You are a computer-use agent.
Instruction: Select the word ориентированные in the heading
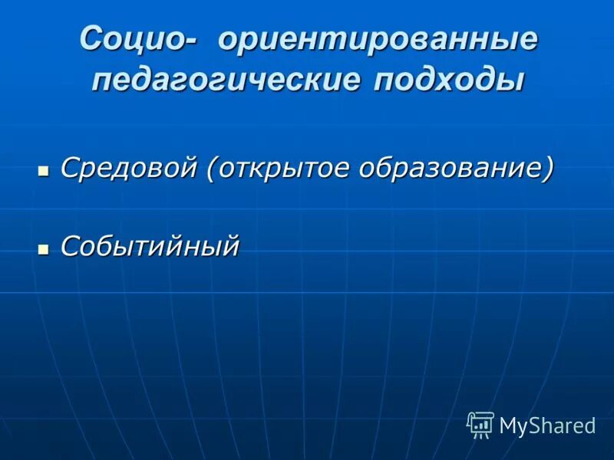point(378,40)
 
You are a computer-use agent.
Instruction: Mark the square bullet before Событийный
point(44,248)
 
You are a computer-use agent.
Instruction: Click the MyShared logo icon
point(480,424)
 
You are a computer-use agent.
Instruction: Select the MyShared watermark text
point(547,426)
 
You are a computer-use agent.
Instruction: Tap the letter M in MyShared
point(509,426)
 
